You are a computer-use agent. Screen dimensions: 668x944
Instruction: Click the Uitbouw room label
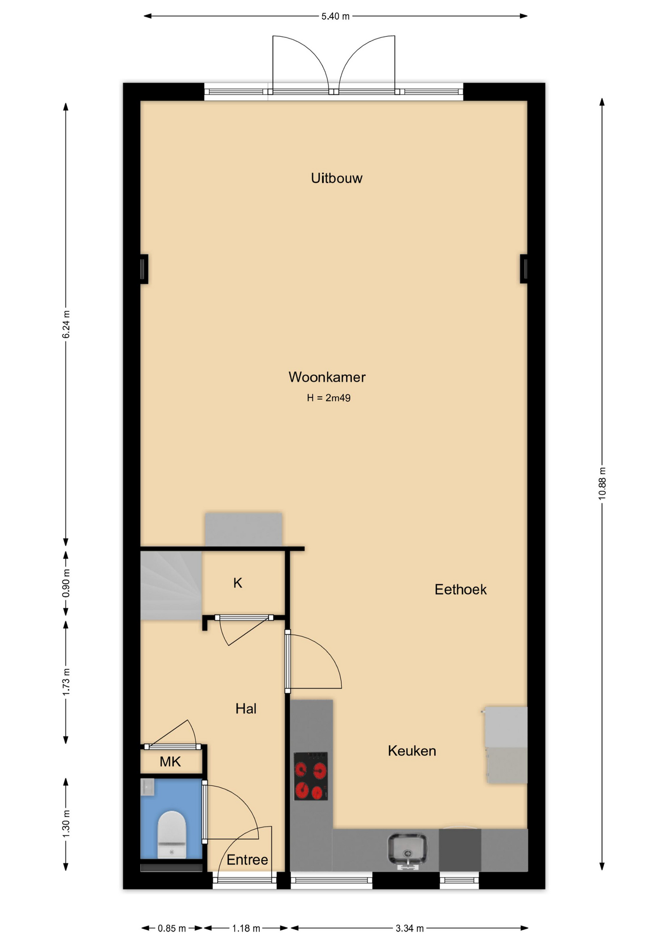click(x=336, y=178)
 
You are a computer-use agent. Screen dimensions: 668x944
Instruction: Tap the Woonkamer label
click(x=327, y=377)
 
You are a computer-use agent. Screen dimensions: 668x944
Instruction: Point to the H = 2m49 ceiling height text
click(x=329, y=398)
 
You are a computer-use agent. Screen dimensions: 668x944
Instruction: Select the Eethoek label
click(x=460, y=590)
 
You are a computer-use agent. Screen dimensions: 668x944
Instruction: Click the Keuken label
click(x=412, y=751)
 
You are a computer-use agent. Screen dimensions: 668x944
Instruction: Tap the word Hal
click(x=246, y=708)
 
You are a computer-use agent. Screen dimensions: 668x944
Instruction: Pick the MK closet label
click(x=170, y=762)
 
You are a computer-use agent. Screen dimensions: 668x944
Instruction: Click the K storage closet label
click(x=238, y=583)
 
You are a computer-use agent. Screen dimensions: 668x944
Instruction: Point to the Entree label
click(x=247, y=859)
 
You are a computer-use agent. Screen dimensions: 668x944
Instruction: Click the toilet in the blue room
click(x=172, y=834)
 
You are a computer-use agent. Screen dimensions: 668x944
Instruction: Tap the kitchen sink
click(x=407, y=849)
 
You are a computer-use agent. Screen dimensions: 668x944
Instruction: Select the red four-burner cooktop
click(x=311, y=776)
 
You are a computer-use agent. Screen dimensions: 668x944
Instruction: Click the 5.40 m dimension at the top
click(x=335, y=16)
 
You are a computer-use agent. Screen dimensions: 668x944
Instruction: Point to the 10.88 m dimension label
click(x=602, y=484)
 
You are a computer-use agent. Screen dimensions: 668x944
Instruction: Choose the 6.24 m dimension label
click(x=66, y=324)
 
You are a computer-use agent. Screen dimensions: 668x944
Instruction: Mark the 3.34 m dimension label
click(x=410, y=928)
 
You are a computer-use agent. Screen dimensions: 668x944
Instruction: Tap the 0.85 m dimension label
click(x=172, y=928)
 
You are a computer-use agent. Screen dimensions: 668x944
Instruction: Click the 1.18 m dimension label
click(x=246, y=928)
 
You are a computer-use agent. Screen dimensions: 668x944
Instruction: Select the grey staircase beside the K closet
click(x=171, y=586)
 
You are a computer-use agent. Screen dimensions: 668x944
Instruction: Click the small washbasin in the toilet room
click(x=148, y=787)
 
